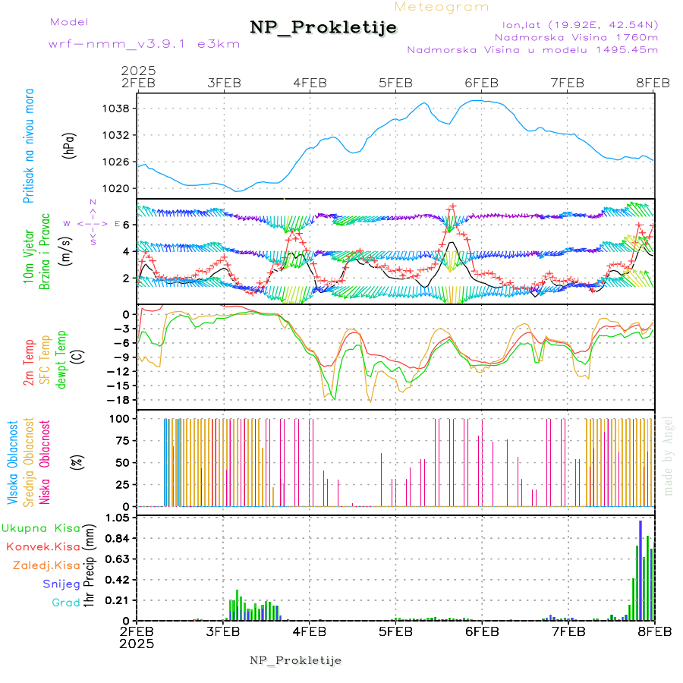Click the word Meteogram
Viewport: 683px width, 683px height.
pyautogui.click(x=442, y=7)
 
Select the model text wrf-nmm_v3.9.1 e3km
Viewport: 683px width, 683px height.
pyautogui.click(x=123, y=43)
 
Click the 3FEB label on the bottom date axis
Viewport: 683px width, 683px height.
pyautogui.click(x=223, y=631)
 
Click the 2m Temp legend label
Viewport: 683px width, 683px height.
pyautogui.click(x=29, y=363)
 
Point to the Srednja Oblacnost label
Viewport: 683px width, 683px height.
pyautogui.click(x=29, y=461)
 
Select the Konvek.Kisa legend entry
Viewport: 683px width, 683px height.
pyautogui.click(x=42, y=546)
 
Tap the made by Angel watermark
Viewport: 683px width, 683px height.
pyautogui.click(x=669, y=455)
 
